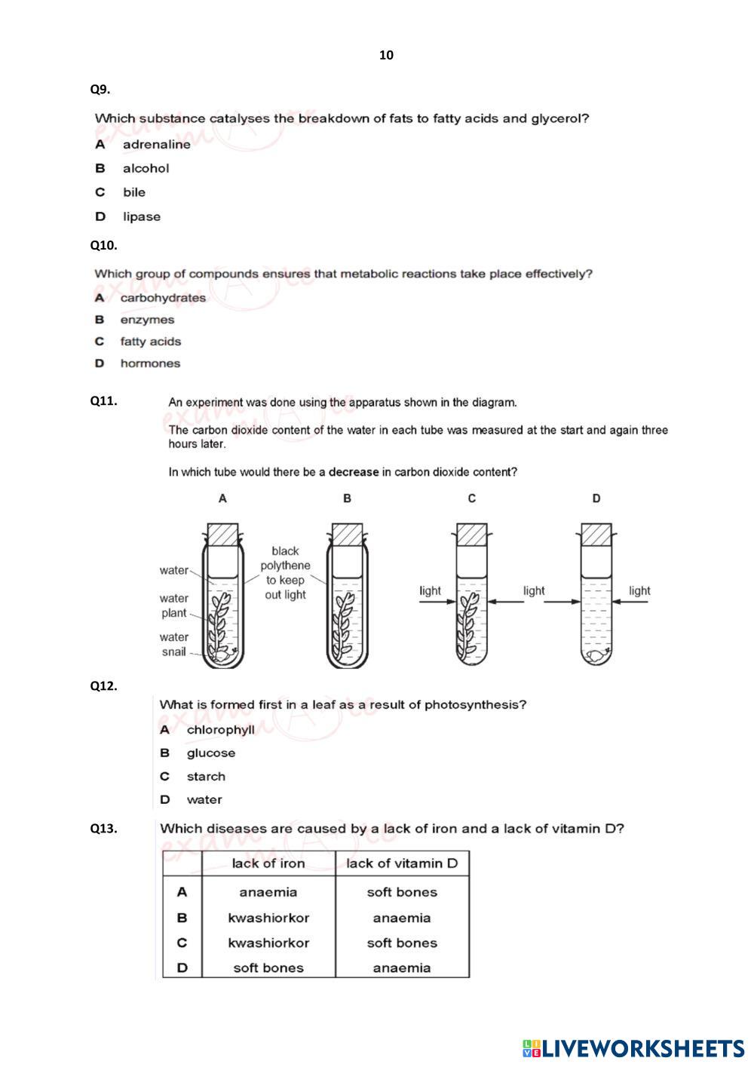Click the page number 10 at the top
click(x=386, y=55)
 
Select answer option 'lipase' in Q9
click(x=142, y=216)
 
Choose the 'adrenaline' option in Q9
click(x=156, y=144)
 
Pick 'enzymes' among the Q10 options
click(x=147, y=320)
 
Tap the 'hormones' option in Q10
click(x=150, y=363)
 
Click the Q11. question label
click(x=104, y=401)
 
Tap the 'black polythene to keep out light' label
click(x=285, y=573)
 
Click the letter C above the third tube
click(x=471, y=498)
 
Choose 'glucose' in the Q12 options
click(x=211, y=753)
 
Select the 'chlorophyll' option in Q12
click(x=220, y=730)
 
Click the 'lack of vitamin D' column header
click(x=402, y=863)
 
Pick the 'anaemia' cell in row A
click(x=268, y=892)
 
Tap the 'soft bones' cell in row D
click(x=268, y=968)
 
